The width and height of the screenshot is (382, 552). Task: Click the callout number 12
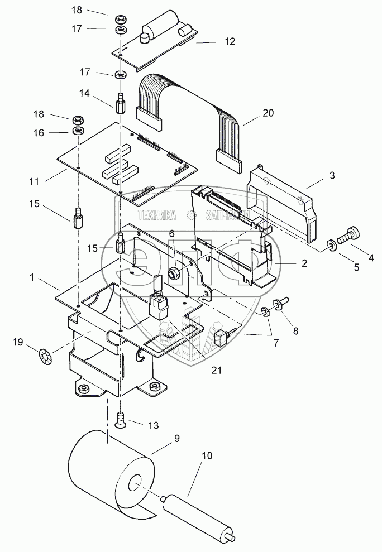point(214,41)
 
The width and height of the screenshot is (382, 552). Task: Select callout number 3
point(332,176)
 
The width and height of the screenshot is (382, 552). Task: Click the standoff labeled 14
point(121,104)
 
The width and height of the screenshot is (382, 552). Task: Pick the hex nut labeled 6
point(172,273)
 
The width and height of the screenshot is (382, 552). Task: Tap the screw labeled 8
point(279,305)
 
